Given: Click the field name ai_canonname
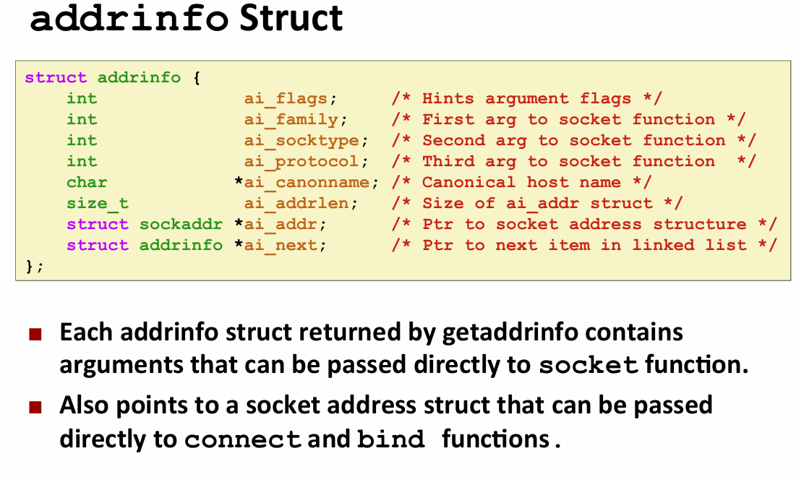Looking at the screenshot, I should [307, 182].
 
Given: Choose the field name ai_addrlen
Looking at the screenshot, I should [296, 203].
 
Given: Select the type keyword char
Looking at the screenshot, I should [87, 182].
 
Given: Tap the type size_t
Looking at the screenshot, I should [98, 203].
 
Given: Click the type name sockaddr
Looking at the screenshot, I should [181, 224].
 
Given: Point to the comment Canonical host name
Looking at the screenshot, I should [521, 182].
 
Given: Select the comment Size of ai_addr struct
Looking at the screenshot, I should [537, 203].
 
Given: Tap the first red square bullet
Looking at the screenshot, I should [35, 335].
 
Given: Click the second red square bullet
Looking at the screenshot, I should [35, 407].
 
